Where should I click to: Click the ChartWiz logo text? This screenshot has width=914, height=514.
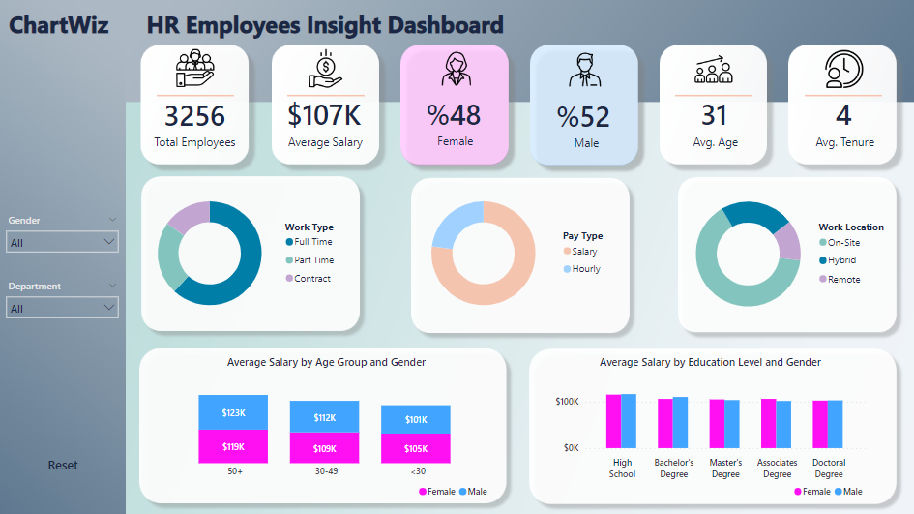tap(59, 25)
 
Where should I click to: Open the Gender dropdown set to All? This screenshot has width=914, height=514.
tap(62, 243)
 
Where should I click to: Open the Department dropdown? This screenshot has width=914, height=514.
tap(62, 309)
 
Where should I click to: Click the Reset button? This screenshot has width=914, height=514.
tap(63, 466)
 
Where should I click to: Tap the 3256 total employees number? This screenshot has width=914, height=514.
tap(194, 116)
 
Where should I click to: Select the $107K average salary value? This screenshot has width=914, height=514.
tap(325, 115)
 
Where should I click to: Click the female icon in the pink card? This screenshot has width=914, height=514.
tap(455, 70)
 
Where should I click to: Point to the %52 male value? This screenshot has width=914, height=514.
tap(583, 117)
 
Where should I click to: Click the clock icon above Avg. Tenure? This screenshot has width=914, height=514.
tap(842, 70)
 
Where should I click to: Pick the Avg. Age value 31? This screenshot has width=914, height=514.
tap(714, 115)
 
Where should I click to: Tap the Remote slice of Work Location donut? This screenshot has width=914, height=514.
tap(789, 242)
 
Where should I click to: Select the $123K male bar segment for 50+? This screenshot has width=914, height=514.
tap(233, 412)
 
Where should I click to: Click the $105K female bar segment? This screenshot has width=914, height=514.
tap(415, 448)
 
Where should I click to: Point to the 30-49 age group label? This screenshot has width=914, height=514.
tap(324, 471)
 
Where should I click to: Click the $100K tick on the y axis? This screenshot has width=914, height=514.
tap(567, 401)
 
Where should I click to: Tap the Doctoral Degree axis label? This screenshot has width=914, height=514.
tap(829, 469)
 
